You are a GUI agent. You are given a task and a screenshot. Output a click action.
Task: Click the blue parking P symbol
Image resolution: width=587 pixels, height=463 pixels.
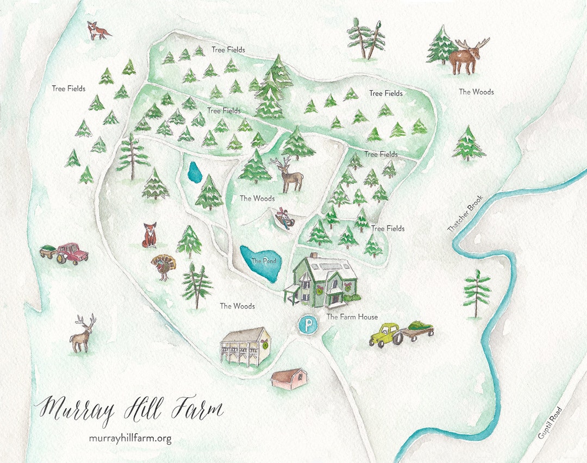(309, 326)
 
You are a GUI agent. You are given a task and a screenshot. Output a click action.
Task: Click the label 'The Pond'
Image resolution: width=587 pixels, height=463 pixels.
(264, 261)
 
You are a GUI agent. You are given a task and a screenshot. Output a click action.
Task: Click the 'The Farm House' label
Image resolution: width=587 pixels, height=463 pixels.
(352, 317)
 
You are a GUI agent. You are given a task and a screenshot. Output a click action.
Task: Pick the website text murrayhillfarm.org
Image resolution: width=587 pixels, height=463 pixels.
(130, 439)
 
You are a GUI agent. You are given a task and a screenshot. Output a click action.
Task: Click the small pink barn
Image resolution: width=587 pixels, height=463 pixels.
(289, 379)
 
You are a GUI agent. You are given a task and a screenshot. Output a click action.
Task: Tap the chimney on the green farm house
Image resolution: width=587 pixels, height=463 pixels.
(313, 256)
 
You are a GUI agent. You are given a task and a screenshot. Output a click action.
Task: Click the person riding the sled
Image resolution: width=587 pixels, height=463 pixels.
(284, 218)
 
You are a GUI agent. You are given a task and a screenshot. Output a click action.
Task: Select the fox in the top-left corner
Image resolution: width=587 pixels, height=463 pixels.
(98, 30)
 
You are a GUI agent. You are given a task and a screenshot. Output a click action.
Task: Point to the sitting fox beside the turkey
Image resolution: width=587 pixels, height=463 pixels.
(149, 235)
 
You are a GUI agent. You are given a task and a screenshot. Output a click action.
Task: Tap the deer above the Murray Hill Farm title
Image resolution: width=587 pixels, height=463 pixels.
(83, 334)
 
